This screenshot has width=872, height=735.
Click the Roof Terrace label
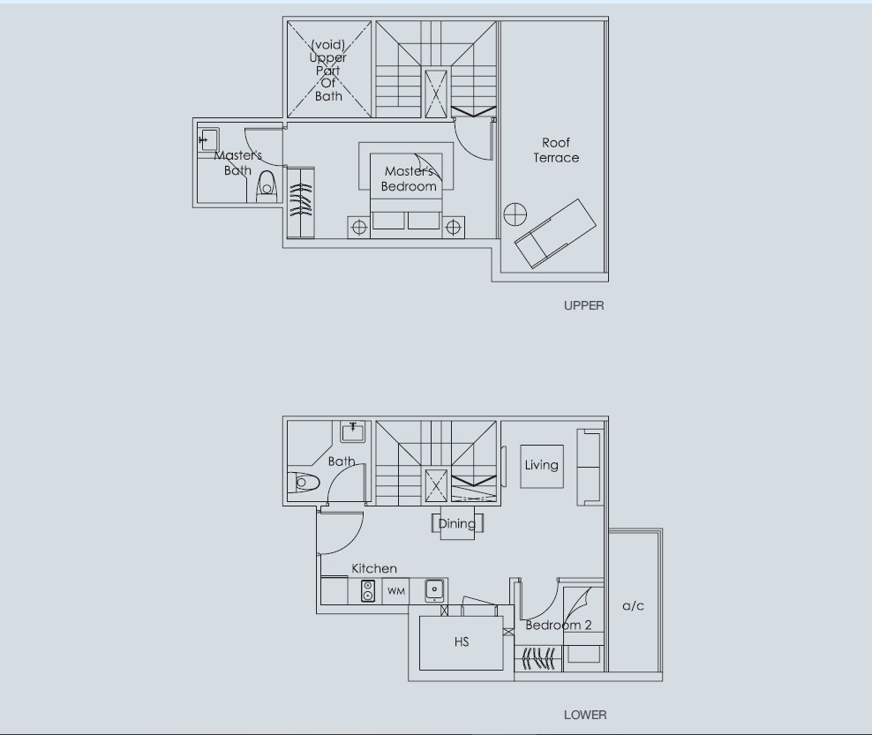556,150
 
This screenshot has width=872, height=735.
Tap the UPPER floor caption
584,305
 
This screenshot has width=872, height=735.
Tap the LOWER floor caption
585,715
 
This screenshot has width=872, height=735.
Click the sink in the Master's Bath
208,139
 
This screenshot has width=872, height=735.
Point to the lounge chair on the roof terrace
555,234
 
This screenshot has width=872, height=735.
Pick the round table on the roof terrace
515,214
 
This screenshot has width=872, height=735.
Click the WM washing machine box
396,591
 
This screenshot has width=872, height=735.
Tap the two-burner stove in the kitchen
367,591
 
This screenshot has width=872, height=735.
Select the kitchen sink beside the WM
434,590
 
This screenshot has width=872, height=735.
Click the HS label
462,642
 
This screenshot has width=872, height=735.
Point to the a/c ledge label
633,606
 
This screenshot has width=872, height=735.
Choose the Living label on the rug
542,465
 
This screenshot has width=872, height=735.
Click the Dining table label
456,523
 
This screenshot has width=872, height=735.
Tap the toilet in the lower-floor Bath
304,482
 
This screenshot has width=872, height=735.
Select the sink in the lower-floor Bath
352,431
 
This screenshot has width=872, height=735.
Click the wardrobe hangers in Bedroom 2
538,658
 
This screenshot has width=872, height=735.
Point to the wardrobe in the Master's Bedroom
300,203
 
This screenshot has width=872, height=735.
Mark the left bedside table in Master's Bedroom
359,228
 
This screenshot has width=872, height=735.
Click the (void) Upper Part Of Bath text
328,70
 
